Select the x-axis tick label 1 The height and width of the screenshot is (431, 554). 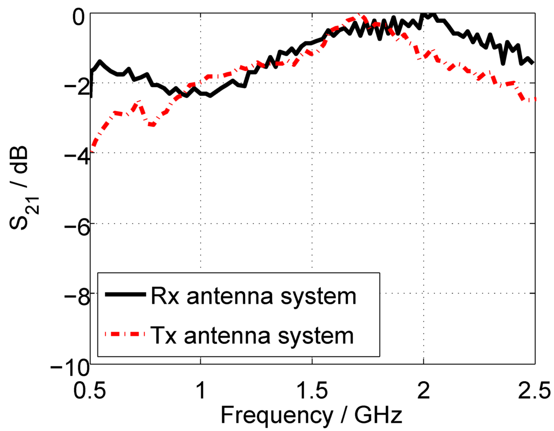point(201,390)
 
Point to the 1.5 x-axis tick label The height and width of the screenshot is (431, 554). point(312,390)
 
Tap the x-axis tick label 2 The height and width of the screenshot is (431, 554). point(424,390)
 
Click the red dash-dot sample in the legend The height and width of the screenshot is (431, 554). point(125,334)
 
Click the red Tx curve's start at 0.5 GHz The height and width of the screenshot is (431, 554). point(92,145)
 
